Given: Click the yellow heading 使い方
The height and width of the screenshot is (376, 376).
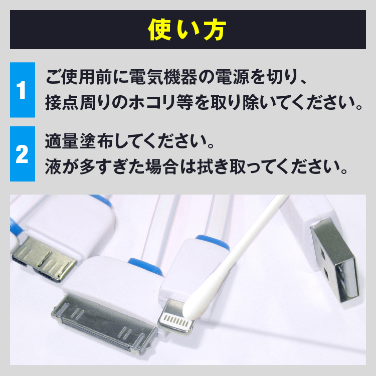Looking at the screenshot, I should [x=187, y=30].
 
